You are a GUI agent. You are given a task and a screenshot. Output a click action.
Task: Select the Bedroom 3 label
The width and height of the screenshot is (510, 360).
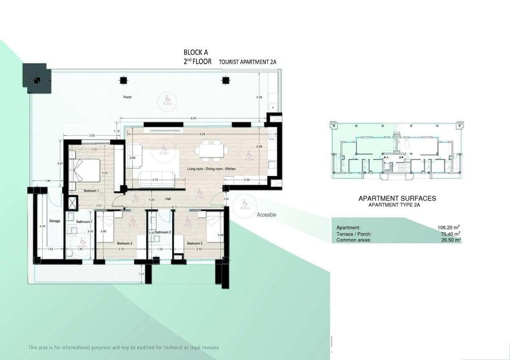194,243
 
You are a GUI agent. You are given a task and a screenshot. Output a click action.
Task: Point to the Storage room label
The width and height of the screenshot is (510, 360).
54,222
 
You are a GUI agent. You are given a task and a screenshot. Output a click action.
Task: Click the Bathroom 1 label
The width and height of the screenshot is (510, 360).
84,222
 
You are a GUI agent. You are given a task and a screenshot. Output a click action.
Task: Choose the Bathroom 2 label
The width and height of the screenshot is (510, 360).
164,232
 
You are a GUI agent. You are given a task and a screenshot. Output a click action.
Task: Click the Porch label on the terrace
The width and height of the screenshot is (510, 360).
127,97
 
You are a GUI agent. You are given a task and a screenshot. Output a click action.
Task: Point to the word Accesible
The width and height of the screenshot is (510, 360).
266,215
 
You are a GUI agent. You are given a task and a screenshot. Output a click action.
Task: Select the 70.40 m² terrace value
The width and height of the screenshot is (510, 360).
449,234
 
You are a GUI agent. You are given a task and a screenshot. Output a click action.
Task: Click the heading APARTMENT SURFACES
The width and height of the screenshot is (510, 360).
398,199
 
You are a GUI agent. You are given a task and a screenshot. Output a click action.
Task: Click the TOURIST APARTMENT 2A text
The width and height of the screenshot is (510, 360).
248,62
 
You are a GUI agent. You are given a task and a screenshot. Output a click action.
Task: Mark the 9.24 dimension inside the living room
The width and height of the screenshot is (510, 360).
201,134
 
